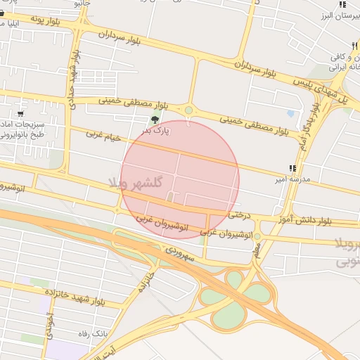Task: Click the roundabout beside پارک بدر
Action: [188, 110]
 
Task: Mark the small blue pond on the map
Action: [290, 112]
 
